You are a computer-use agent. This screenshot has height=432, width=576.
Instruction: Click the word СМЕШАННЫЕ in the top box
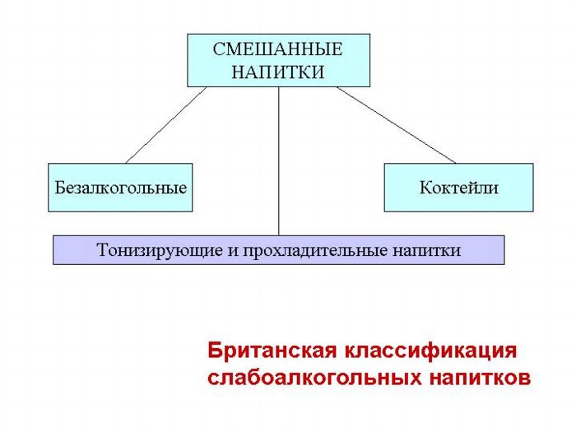[278, 49]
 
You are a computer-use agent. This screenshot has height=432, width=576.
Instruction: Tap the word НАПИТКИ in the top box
[278, 72]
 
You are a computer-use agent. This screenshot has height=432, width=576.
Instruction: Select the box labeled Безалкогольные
[120, 188]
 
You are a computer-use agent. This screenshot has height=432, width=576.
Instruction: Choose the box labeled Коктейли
[459, 188]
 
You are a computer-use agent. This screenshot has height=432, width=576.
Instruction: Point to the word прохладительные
[314, 250]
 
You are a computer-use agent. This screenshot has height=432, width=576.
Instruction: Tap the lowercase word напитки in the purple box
[427, 250]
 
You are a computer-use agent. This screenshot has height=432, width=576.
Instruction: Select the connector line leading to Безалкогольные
[166, 125]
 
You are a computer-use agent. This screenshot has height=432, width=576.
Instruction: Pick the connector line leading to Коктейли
[396, 125]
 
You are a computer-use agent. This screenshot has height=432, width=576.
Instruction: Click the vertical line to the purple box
[278, 161]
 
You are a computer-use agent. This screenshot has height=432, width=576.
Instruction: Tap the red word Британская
[272, 351]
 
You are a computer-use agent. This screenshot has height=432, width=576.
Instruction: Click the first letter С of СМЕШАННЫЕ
[220, 49]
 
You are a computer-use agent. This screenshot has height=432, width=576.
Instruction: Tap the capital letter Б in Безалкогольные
[61, 188]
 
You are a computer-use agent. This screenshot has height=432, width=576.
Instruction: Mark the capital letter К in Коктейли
[426, 188]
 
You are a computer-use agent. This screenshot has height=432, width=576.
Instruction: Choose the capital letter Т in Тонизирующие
[104, 250]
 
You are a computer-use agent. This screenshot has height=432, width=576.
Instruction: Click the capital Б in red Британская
[215, 351]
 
